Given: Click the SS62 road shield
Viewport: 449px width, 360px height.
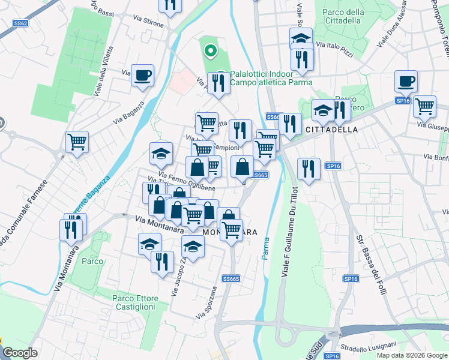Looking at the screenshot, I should pyautogui.click(x=20, y=23).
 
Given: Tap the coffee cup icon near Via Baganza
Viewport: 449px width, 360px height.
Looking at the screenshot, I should pyautogui.click(x=142, y=76).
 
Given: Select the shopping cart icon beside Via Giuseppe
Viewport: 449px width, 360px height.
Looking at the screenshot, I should pyautogui.click(x=424, y=106).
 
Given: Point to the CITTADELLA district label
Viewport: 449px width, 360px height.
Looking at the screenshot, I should pyautogui.click(x=332, y=130).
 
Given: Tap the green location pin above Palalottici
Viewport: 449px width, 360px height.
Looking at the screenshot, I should pyautogui.click(x=209, y=52).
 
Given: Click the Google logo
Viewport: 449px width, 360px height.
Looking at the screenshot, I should pyautogui.click(x=20, y=353).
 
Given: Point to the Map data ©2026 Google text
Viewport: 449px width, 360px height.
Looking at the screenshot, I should pyautogui.click(x=412, y=355).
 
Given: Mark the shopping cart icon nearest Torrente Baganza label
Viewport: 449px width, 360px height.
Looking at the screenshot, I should pyautogui.click(x=77, y=142).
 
